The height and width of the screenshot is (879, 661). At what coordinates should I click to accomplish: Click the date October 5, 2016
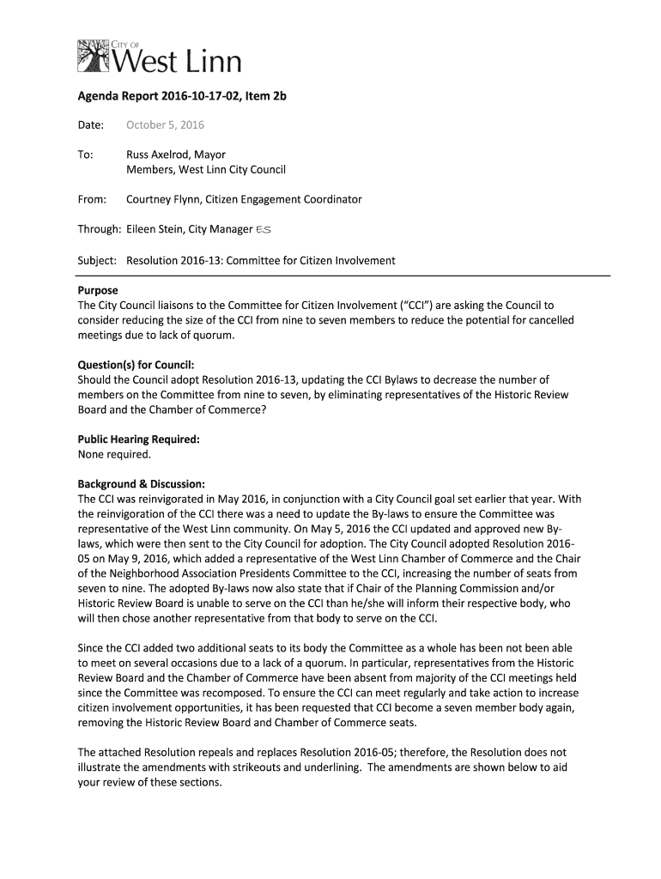[165, 125]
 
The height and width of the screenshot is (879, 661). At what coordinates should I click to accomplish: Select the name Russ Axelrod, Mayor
[175, 155]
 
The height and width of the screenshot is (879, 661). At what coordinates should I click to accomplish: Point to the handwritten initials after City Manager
[267, 229]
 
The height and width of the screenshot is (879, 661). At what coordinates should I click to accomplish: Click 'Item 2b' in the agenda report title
[265, 97]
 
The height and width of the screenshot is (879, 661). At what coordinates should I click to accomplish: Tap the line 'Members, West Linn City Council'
[205, 170]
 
